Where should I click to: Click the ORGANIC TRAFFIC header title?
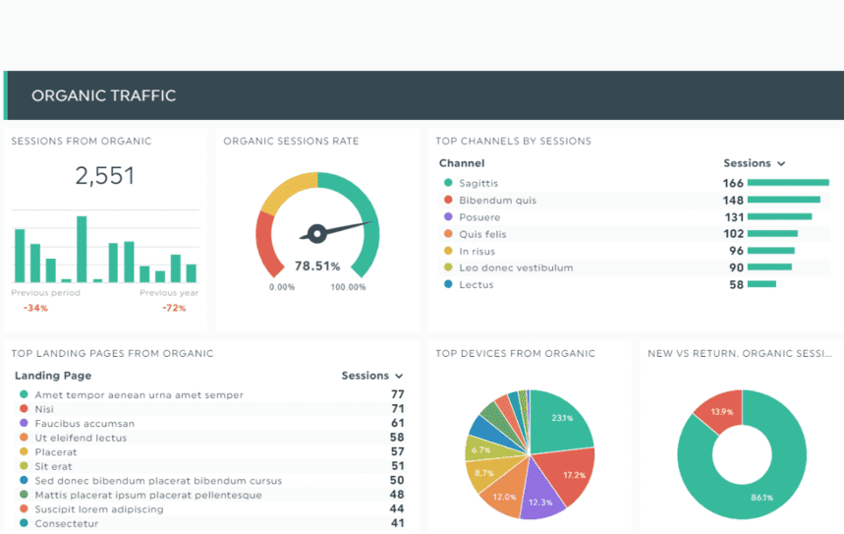coord(103,95)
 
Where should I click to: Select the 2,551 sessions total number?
coord(105,176)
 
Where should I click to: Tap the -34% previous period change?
coord(35,308)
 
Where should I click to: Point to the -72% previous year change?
coord(174,308)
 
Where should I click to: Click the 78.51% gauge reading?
coord(316,266)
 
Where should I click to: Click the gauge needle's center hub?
coord(316,234)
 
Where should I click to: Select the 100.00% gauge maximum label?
coord(348,287)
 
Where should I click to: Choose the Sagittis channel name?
coord(478,184)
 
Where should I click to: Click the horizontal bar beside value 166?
coord(788,183)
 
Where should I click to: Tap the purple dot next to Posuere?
coord(448,217)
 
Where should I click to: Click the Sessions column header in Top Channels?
coord(754,163)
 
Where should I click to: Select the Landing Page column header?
coord(53,376)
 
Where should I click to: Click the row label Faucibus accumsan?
coord(84,424)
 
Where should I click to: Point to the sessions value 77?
coord(397,394)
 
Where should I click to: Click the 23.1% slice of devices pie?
coord(564,421)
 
